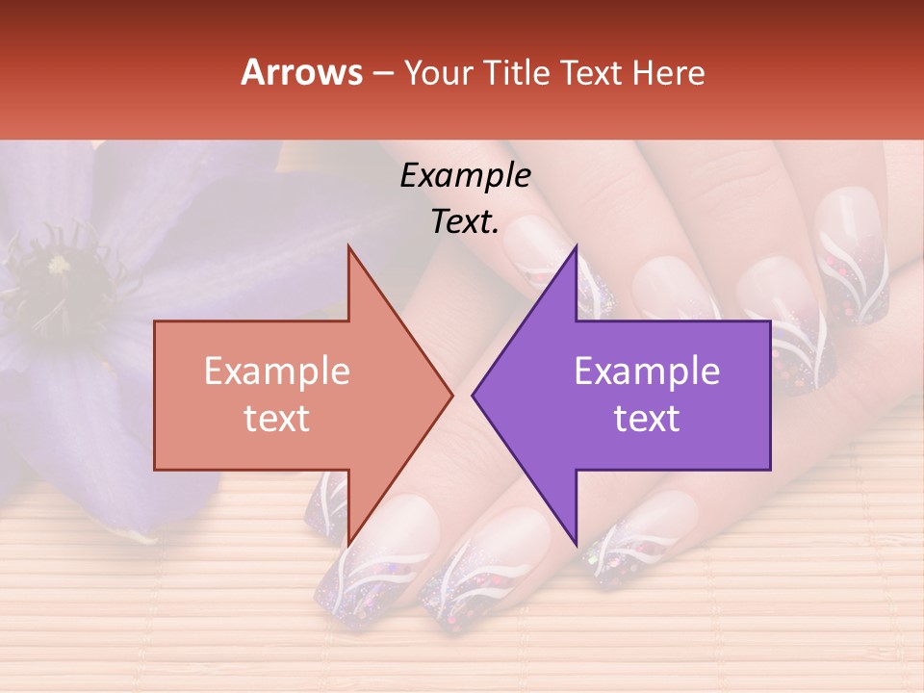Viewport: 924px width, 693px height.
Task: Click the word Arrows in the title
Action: [301, 72]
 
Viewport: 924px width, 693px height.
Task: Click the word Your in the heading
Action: [437, 73]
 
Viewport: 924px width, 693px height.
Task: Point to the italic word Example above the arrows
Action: [465, 176]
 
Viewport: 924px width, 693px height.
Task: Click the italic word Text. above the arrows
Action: [465, 221]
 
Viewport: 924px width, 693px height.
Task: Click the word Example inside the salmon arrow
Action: [277, 372]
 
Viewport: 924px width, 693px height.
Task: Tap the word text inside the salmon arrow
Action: [277, 419]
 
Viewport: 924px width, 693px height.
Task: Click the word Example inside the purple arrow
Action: [647, 372]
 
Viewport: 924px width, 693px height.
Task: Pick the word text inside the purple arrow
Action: [647, 419]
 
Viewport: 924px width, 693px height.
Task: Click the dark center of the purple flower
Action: [58, 264]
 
